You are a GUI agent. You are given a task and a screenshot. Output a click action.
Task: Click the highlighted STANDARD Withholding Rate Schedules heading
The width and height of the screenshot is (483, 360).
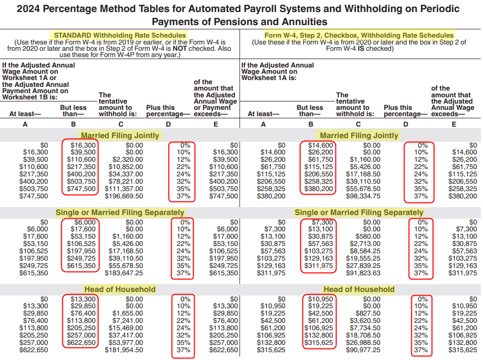pos(120,35)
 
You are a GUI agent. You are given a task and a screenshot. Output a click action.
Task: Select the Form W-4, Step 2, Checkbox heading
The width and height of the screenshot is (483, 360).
pos(359,35)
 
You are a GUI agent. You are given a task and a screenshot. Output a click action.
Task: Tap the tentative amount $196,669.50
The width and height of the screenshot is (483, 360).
pos(124,196)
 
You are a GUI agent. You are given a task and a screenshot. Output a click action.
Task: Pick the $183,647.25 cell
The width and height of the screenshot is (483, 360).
pos(124,273)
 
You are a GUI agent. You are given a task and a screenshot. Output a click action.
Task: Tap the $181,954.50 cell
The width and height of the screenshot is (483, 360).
pos(124,350)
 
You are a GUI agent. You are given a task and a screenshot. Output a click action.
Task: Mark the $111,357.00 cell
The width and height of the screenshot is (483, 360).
pos(124,189)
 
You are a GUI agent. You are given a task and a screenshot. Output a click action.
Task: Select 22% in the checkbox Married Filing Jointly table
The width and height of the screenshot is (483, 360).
pos(421,167)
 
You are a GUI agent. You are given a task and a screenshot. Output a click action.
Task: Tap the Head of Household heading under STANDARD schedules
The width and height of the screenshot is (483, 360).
pos(120,289)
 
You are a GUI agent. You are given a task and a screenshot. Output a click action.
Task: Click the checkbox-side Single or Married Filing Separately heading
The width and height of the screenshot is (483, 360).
pos(359,212)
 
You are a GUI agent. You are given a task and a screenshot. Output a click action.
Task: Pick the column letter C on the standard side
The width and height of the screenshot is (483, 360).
pos(120,125)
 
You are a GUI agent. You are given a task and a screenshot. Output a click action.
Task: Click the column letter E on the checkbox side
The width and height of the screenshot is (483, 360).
pos(454,125)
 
